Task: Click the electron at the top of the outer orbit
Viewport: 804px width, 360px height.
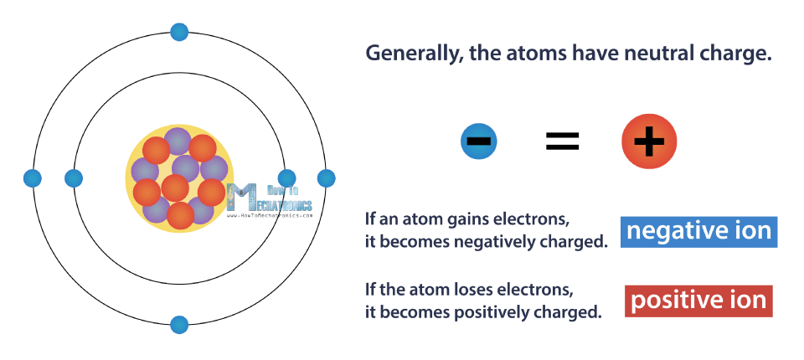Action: [179, 32]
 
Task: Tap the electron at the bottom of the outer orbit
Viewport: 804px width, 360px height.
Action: [179, 325]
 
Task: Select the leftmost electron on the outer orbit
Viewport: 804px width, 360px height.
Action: [33, 178]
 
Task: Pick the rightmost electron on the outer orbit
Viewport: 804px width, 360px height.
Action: [326, 178]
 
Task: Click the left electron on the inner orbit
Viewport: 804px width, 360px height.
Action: [74, 178]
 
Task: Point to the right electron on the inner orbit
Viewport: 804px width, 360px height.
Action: [286, 178]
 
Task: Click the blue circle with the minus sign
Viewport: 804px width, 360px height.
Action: [479, 141]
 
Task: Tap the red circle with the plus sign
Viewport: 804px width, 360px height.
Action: [648, 141]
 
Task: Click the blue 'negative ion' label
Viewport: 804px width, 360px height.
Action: [698, 231]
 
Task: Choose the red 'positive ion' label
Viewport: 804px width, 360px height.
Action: [698, 301]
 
